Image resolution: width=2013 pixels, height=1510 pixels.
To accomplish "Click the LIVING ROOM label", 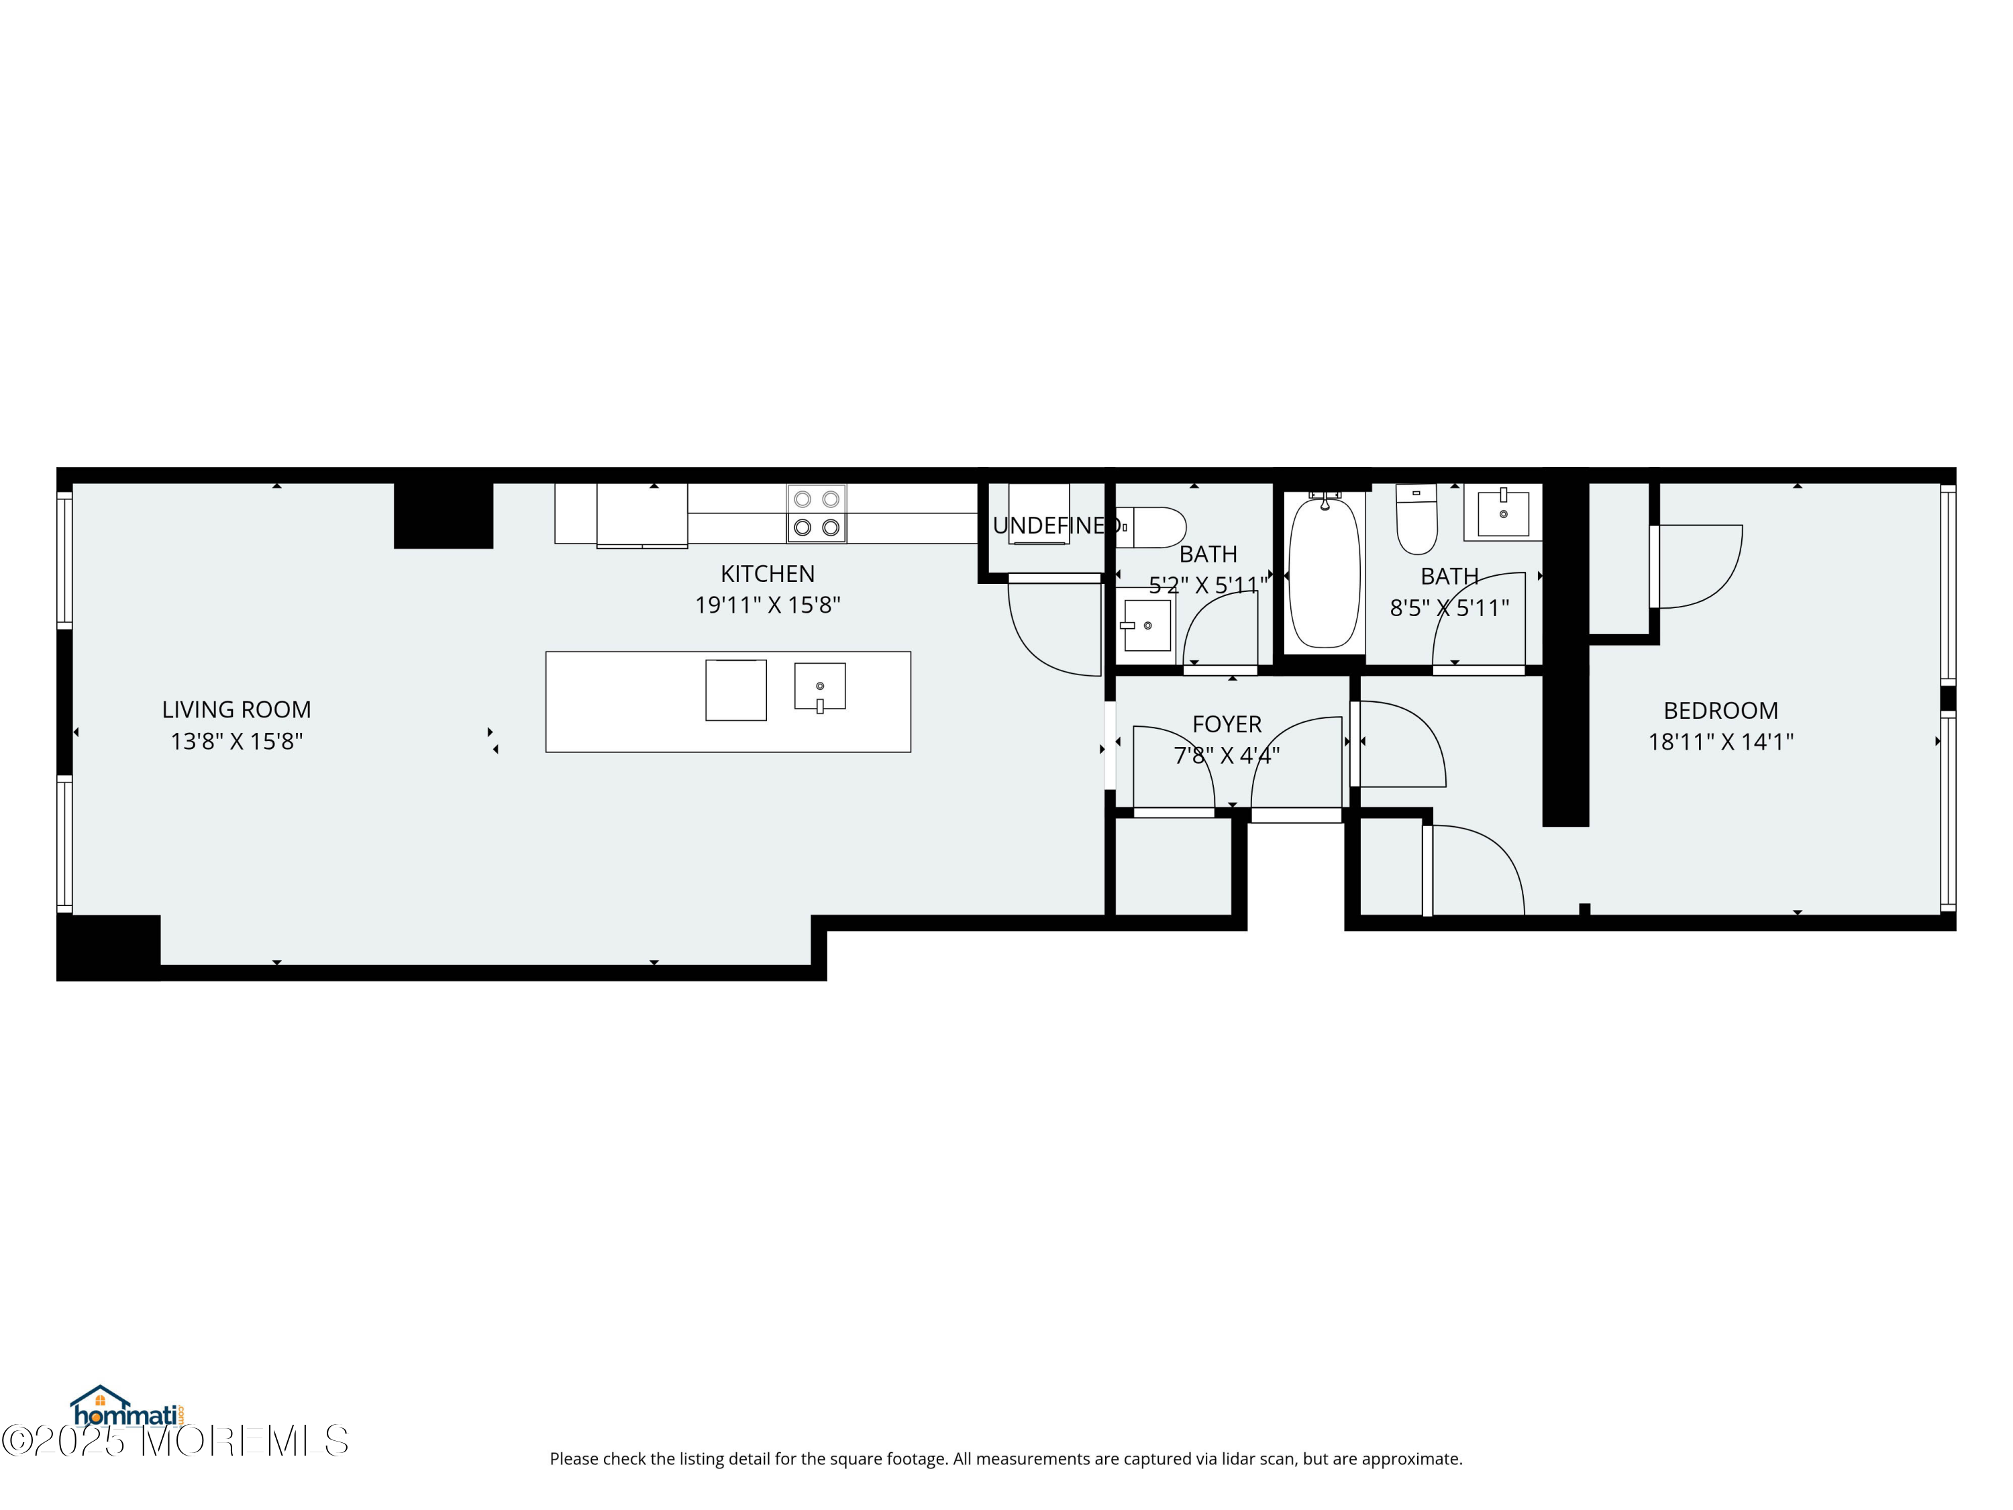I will (x=237, y=709).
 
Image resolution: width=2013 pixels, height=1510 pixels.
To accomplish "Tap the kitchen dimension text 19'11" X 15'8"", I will (x=767, y=605).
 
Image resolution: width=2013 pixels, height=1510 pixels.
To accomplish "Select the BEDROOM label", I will (x=1720, y=710).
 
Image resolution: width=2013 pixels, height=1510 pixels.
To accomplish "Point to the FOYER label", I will (x=1227, y=723).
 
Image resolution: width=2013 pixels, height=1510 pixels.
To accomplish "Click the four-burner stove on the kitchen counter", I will (x=817, y=513).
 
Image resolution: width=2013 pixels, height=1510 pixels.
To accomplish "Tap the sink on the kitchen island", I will (x=819, y=687).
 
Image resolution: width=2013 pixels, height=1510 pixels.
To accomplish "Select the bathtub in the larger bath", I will (x=1324, y=572).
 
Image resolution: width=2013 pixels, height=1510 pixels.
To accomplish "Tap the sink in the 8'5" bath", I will (x=1502, y=513).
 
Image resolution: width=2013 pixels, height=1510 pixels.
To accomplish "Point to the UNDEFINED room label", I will (x=1055, y=525).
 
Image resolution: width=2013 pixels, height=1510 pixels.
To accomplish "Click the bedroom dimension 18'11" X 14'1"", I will (x=1720, y=742).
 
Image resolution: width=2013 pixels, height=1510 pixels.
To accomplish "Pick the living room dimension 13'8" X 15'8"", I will (x=237, y=741).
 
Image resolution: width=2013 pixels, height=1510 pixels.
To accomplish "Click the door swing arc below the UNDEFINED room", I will (x=1047, y=637).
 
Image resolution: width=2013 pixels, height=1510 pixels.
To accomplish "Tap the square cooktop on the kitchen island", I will (x=735, y=690).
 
